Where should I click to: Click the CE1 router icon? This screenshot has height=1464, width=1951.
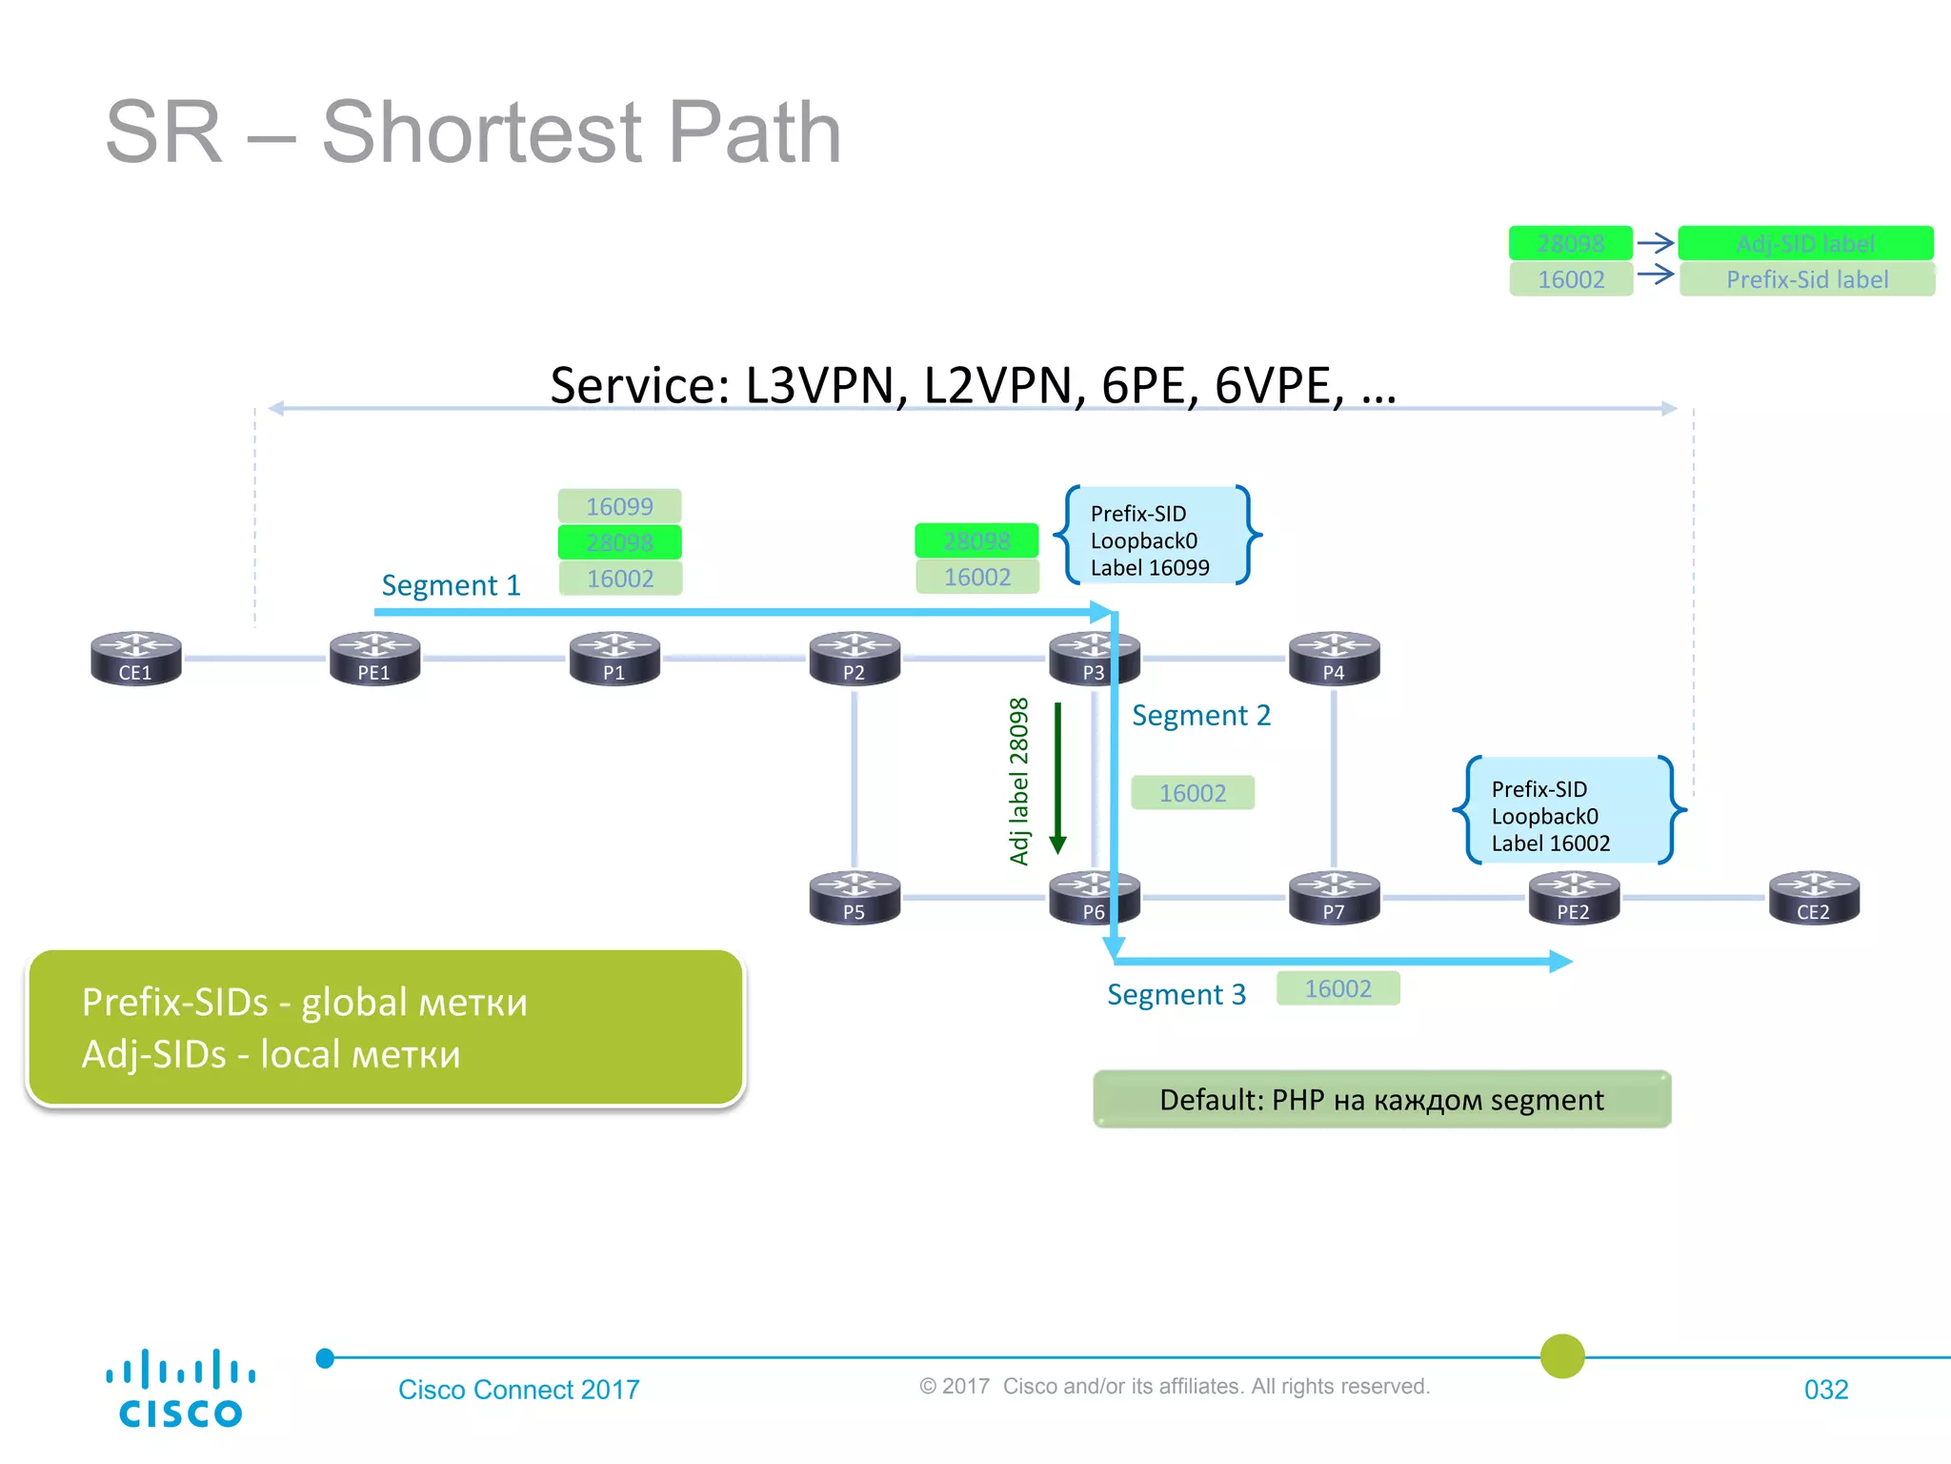pos(135,659)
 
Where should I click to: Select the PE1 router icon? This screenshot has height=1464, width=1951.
pos(374,659)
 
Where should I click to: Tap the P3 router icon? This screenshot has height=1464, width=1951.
pos(1094,659)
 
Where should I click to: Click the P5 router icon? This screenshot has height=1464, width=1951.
pos(854,898)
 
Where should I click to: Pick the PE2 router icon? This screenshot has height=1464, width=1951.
pos(1573,898)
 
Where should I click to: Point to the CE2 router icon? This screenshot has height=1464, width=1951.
pos(1813,898)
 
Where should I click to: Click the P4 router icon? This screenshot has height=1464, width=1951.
pos(1334,659)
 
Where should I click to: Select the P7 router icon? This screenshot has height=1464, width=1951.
pos(1334,898)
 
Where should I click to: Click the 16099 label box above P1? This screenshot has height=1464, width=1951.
pos(619,506)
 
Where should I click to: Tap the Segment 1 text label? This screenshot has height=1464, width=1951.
pos(451,585)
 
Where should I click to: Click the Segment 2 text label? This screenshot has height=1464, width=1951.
pos(1200,716)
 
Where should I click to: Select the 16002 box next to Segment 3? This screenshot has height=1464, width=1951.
pos(1338,988)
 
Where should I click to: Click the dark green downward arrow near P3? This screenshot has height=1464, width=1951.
pos(1057,778)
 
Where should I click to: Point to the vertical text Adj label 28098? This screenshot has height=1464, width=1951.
pos(1019,782)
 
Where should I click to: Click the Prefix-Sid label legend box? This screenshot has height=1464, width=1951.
pos(1806,279)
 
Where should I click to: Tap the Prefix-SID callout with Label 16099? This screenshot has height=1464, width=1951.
pos(1157,539)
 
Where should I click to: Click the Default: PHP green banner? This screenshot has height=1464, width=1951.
pos(1381,1100)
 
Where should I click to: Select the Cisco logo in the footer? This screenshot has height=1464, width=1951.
pos(180,1389)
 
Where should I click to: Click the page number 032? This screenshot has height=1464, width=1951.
pos(1825,1390)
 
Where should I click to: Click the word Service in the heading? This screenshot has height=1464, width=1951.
pos(639,386)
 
